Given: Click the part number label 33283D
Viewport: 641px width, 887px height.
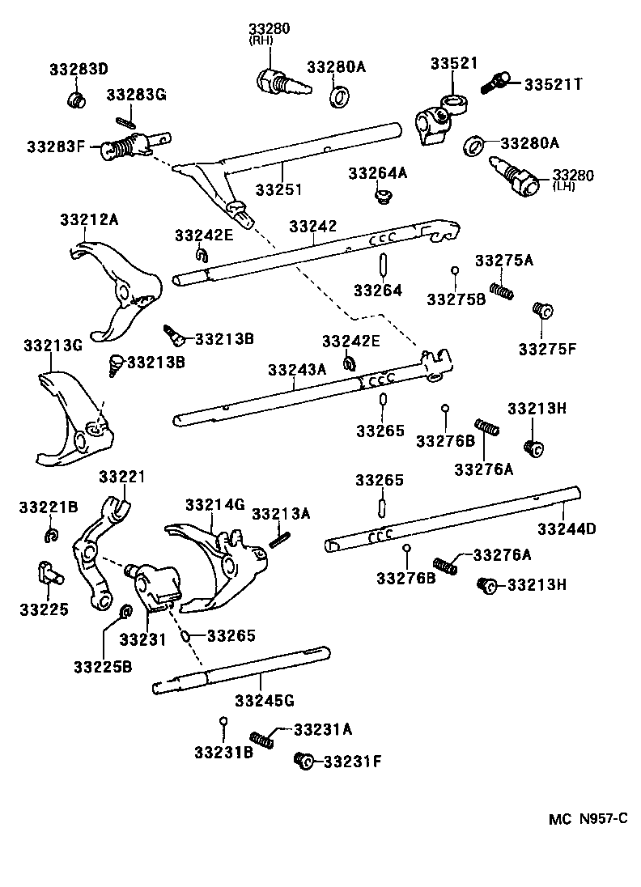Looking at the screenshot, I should point(79,69).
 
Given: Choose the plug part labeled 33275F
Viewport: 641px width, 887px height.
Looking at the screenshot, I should point(541,311).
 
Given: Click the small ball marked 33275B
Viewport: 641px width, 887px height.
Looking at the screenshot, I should point(455,270).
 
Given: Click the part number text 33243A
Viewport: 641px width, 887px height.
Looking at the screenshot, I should point(297,369).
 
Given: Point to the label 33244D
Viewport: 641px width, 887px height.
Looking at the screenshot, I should point(567,529).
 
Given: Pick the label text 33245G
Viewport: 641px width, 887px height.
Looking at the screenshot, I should point(265,698).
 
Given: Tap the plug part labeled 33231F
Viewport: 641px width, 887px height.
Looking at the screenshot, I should point(305,760).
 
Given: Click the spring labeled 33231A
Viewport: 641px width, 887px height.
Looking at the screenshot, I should point(261,738).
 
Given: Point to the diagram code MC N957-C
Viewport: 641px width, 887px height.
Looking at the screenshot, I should point(588,818).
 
